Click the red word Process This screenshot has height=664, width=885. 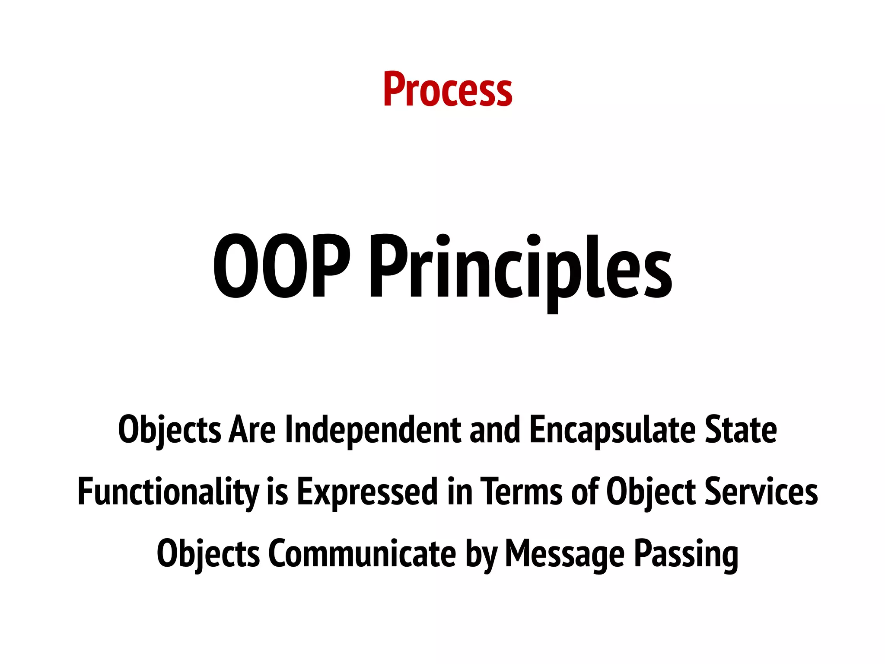click(447, 89)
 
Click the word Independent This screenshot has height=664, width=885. click(373, 430)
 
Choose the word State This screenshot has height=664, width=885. click(741, 430)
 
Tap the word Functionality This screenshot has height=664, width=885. click(168, 492)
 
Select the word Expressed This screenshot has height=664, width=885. click(368, 492)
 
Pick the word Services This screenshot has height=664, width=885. click(761, 492)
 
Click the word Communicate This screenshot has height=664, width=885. click(362, 554)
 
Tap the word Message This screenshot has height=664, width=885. click(564, 555)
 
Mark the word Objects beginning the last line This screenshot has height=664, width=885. click(208, 554)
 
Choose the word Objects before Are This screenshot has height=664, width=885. click(169, 430)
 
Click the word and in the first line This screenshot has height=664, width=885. click(494, 430)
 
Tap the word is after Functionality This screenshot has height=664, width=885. click(277, 492)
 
